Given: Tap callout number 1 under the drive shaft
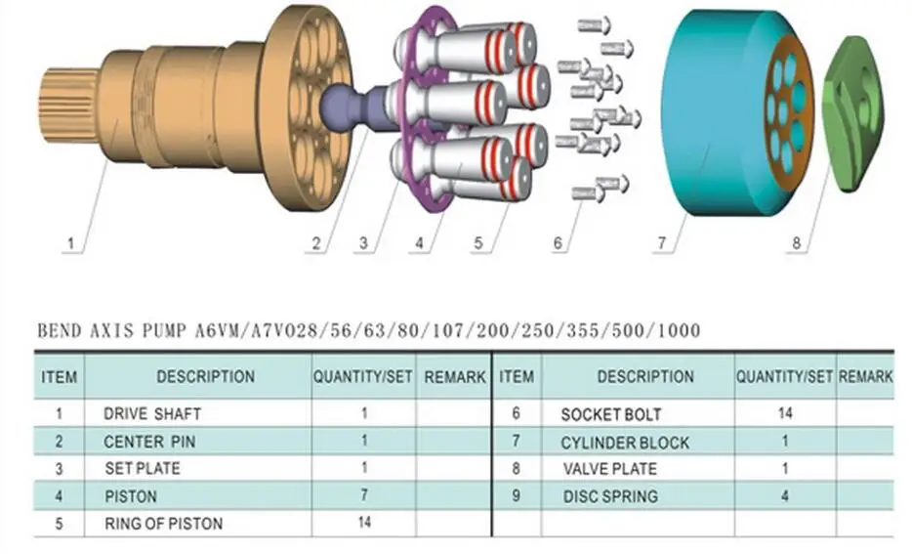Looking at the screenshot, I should pos(69,242).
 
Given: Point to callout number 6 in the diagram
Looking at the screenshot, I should pos(558,242).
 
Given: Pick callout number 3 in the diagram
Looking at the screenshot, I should pos(362,242).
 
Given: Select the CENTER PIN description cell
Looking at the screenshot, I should pos(149,441).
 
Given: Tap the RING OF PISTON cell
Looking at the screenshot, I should pos(163,524).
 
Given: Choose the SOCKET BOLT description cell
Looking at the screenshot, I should pos(610,413).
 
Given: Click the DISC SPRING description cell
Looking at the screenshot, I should pos(610,496).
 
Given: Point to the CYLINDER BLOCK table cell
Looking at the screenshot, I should pos(624,442).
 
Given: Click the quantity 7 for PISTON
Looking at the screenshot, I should pos(364,496).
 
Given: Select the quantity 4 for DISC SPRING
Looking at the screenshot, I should pos(784,496).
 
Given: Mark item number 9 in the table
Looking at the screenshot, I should pos(516,496).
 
